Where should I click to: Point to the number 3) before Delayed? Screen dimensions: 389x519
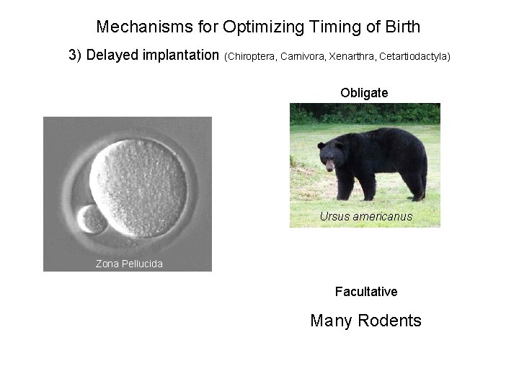point(75,55)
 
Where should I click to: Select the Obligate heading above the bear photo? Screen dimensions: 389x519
point(365,93)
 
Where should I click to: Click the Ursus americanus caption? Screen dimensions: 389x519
point(366,216)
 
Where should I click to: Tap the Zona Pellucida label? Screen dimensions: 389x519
point(129,264)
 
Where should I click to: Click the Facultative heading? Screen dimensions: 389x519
point(366,292)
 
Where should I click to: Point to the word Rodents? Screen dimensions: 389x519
point(389,321)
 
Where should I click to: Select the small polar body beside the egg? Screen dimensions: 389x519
point(92,220)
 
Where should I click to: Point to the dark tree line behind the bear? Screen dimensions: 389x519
point(365,113)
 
